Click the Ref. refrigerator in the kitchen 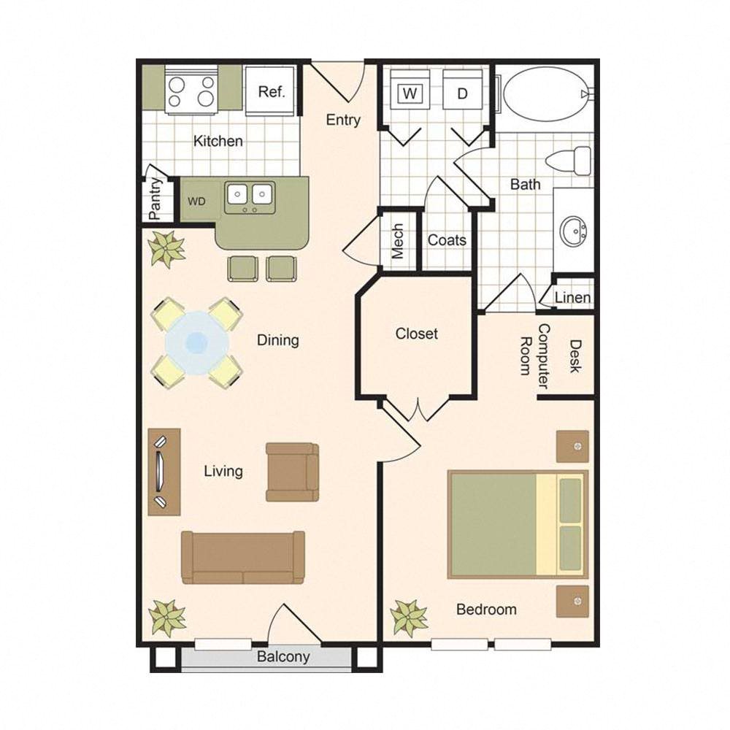[271, 91]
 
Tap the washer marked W [410, 89]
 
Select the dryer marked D [462, 89]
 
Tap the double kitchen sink [250, 197]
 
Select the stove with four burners [191, 91]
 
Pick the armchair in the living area [293, 472]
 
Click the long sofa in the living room [243, 557]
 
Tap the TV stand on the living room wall [164, 472]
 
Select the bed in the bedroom [518, 524]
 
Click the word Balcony [283, 657]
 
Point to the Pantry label [155, 199]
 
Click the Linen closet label [572, 298]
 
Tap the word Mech [398, 241]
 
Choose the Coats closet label [447, 240]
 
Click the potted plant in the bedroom [409, 618]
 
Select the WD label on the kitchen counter [196, 201]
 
